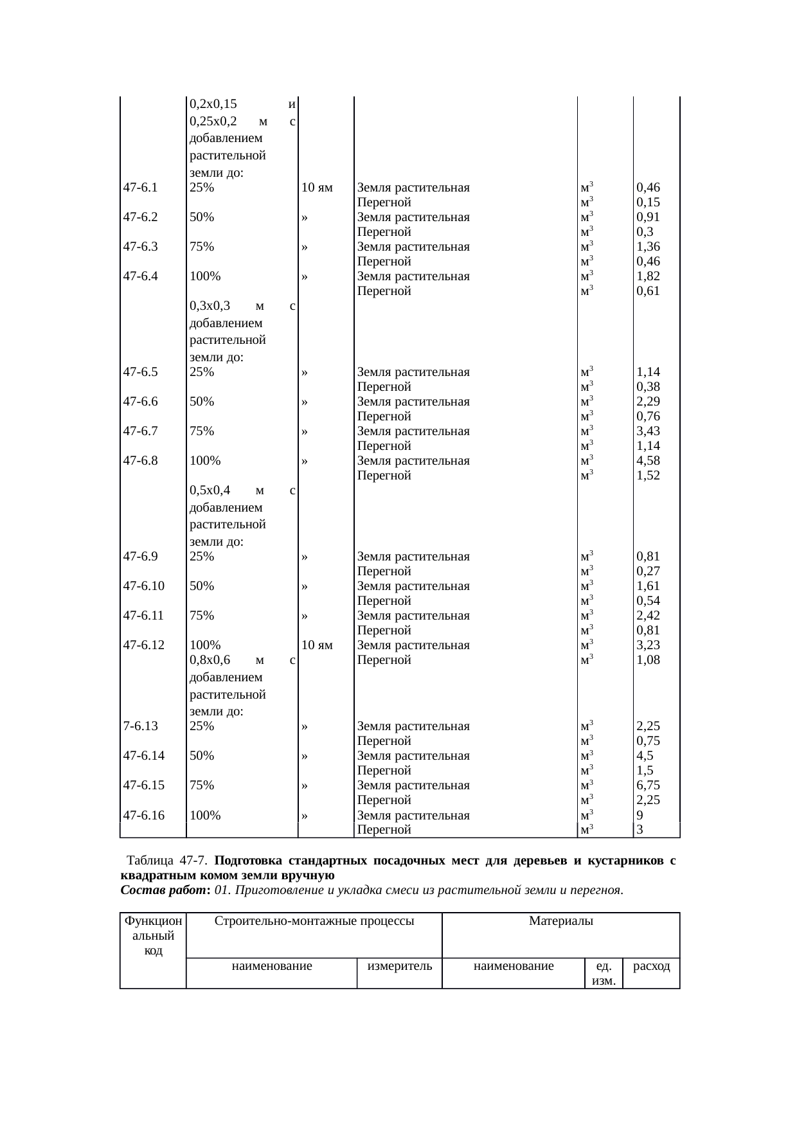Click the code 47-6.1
point(141,188)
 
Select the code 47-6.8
point(141,461)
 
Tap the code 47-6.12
point(144,645)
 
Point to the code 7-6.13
point(141,726)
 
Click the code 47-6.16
point(144,816)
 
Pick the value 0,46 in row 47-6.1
point(649,188)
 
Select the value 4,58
point(649,461)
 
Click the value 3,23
point(649,645)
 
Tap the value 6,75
point(649,785)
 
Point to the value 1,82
point(649,276)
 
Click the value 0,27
point(649,571)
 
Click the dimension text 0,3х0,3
point(210,306)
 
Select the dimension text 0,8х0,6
point(210,660)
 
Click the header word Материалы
point(560,921)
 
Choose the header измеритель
point(399,966)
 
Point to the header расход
point(652,966)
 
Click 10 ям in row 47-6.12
point(317,645)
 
